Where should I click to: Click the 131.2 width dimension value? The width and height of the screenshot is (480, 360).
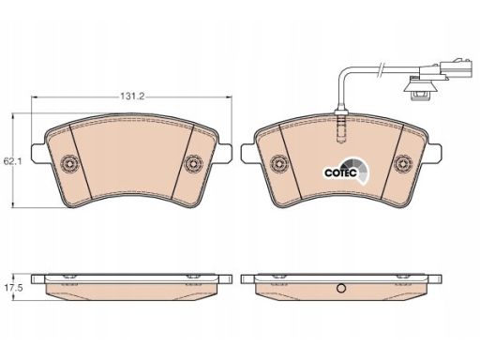tap(132, 97)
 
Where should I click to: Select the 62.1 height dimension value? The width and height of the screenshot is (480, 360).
tap(9, 161)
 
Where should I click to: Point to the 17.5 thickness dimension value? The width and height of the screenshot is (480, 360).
tap(13, 288)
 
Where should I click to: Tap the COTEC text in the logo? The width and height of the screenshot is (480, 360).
tap(340, 172)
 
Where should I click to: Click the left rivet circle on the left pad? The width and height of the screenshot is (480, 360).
tap(69, 163)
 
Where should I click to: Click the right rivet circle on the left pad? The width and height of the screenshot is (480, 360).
tap(193, 163)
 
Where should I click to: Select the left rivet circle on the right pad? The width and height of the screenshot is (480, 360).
tap(278, 163)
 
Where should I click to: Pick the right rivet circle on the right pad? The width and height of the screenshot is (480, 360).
tap(403, 163)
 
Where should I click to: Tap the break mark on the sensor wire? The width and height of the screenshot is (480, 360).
tap(381, 70)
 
